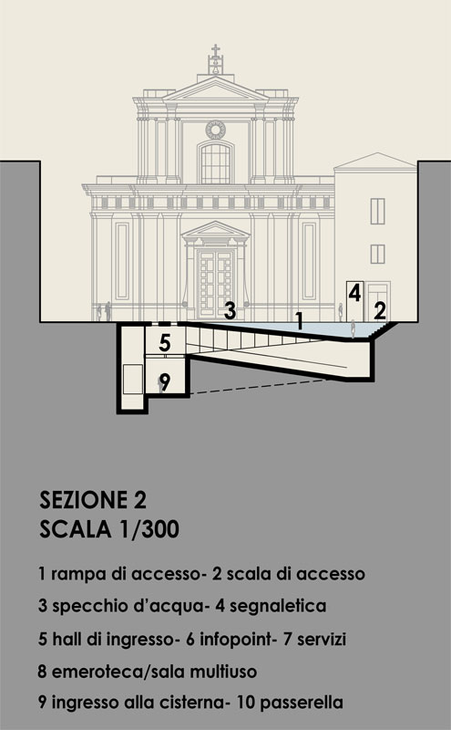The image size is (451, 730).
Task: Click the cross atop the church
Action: (x=215, y=50)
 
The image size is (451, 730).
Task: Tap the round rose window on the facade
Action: (x=215, y=130)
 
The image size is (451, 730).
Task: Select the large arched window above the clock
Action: (x=215, y=163)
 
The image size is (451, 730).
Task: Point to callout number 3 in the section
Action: (x=230, y=310)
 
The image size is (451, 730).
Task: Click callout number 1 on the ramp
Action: (x=300, y=321)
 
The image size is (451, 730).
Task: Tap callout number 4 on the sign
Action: (x=354, y=293)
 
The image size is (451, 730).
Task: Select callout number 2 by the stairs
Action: (x=380, y=310)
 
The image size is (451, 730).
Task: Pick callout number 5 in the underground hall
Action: (x=165, y=343)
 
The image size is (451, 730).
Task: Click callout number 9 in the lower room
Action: (x=165, y=382)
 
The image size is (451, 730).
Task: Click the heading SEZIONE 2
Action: (x=93, y=500)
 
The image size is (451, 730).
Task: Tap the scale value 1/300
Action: (x=149, y=529)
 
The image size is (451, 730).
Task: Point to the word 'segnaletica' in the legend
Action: (x=278, y=606)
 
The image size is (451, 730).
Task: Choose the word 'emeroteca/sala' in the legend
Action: (x=118, y=672)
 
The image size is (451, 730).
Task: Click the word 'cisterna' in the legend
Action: (x=193, y=703)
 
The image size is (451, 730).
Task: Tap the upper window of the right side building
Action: (x=377, y=211)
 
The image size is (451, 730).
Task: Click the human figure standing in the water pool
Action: (x=353, y=328)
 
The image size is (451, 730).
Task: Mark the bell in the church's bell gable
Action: (x=215, y=69)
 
